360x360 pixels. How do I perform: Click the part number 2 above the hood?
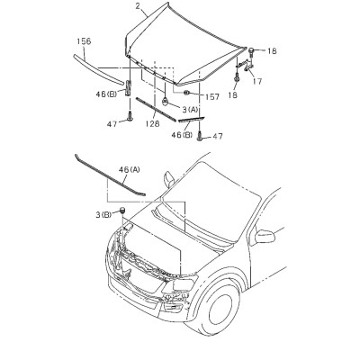click(138, 5)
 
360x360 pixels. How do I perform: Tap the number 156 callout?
click(84, 41)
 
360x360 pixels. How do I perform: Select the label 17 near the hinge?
click(257, 81)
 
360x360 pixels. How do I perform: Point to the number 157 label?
click(212, 96)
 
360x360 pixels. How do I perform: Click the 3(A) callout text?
click(190, 110)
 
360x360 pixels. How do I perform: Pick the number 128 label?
click(152, 123)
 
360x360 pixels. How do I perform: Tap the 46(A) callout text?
click(130, 170)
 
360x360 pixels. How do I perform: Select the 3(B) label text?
click(103, 214)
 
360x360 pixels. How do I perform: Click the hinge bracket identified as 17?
click(245, 66)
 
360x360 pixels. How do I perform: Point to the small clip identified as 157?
click(186, 93)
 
